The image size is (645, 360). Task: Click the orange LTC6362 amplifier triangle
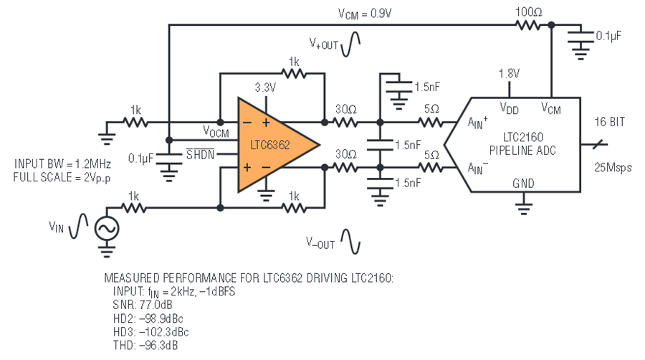(272, 145)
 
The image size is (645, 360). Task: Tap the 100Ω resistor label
(529, 12)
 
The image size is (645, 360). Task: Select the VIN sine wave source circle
(107, 229)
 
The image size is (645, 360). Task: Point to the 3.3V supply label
(265, 87)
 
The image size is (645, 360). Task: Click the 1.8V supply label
(509, 74)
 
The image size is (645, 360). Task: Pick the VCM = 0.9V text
(365, 14)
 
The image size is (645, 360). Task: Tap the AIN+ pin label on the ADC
(477, 122)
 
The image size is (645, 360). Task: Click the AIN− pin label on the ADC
(477, 168)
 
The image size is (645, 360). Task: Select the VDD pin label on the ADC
(509, 108)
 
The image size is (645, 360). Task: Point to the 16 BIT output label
(610, 122)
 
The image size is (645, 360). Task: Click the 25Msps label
(613, 168)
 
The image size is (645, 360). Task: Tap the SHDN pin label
(201, 154)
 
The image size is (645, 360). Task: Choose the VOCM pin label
(216, 131)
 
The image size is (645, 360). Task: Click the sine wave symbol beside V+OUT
(350, 44)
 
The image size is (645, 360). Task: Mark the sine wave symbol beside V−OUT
(350, 242)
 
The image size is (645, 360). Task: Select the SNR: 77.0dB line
(143, 305)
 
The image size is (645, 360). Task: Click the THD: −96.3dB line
(145, 345)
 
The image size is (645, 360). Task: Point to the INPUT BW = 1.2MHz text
(62, 164)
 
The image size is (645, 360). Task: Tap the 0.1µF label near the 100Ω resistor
(608, 36)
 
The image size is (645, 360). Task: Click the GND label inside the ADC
(523, 184)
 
